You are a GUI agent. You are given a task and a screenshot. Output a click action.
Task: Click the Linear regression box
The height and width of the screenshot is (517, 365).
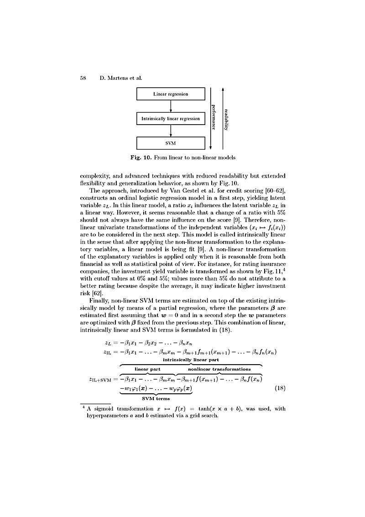click(x=170, y=94)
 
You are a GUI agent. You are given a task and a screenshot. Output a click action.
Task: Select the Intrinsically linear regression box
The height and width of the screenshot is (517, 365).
click(x=170, y=119)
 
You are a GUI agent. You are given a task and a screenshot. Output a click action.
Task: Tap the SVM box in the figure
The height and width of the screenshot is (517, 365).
click(x=170, y=143)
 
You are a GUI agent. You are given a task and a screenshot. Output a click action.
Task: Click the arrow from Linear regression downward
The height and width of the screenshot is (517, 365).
click(x=170, y=106)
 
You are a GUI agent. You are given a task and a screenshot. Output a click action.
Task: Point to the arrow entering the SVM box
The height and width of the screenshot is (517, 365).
click(x=170, y=131)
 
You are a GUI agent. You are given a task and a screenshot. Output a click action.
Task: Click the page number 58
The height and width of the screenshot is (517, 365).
click(x=83, y=78)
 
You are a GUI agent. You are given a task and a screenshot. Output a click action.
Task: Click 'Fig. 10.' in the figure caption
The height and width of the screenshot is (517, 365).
click(x=140, y=158)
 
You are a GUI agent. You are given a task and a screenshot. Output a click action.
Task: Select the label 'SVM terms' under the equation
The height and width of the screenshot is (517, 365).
click(x=156, y=399)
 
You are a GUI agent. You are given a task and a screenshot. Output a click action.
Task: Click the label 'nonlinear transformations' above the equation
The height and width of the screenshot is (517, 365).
click(x=219, y=369)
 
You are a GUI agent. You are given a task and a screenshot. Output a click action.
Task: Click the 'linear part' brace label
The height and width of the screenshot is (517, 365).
click(x=147, y=369)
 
